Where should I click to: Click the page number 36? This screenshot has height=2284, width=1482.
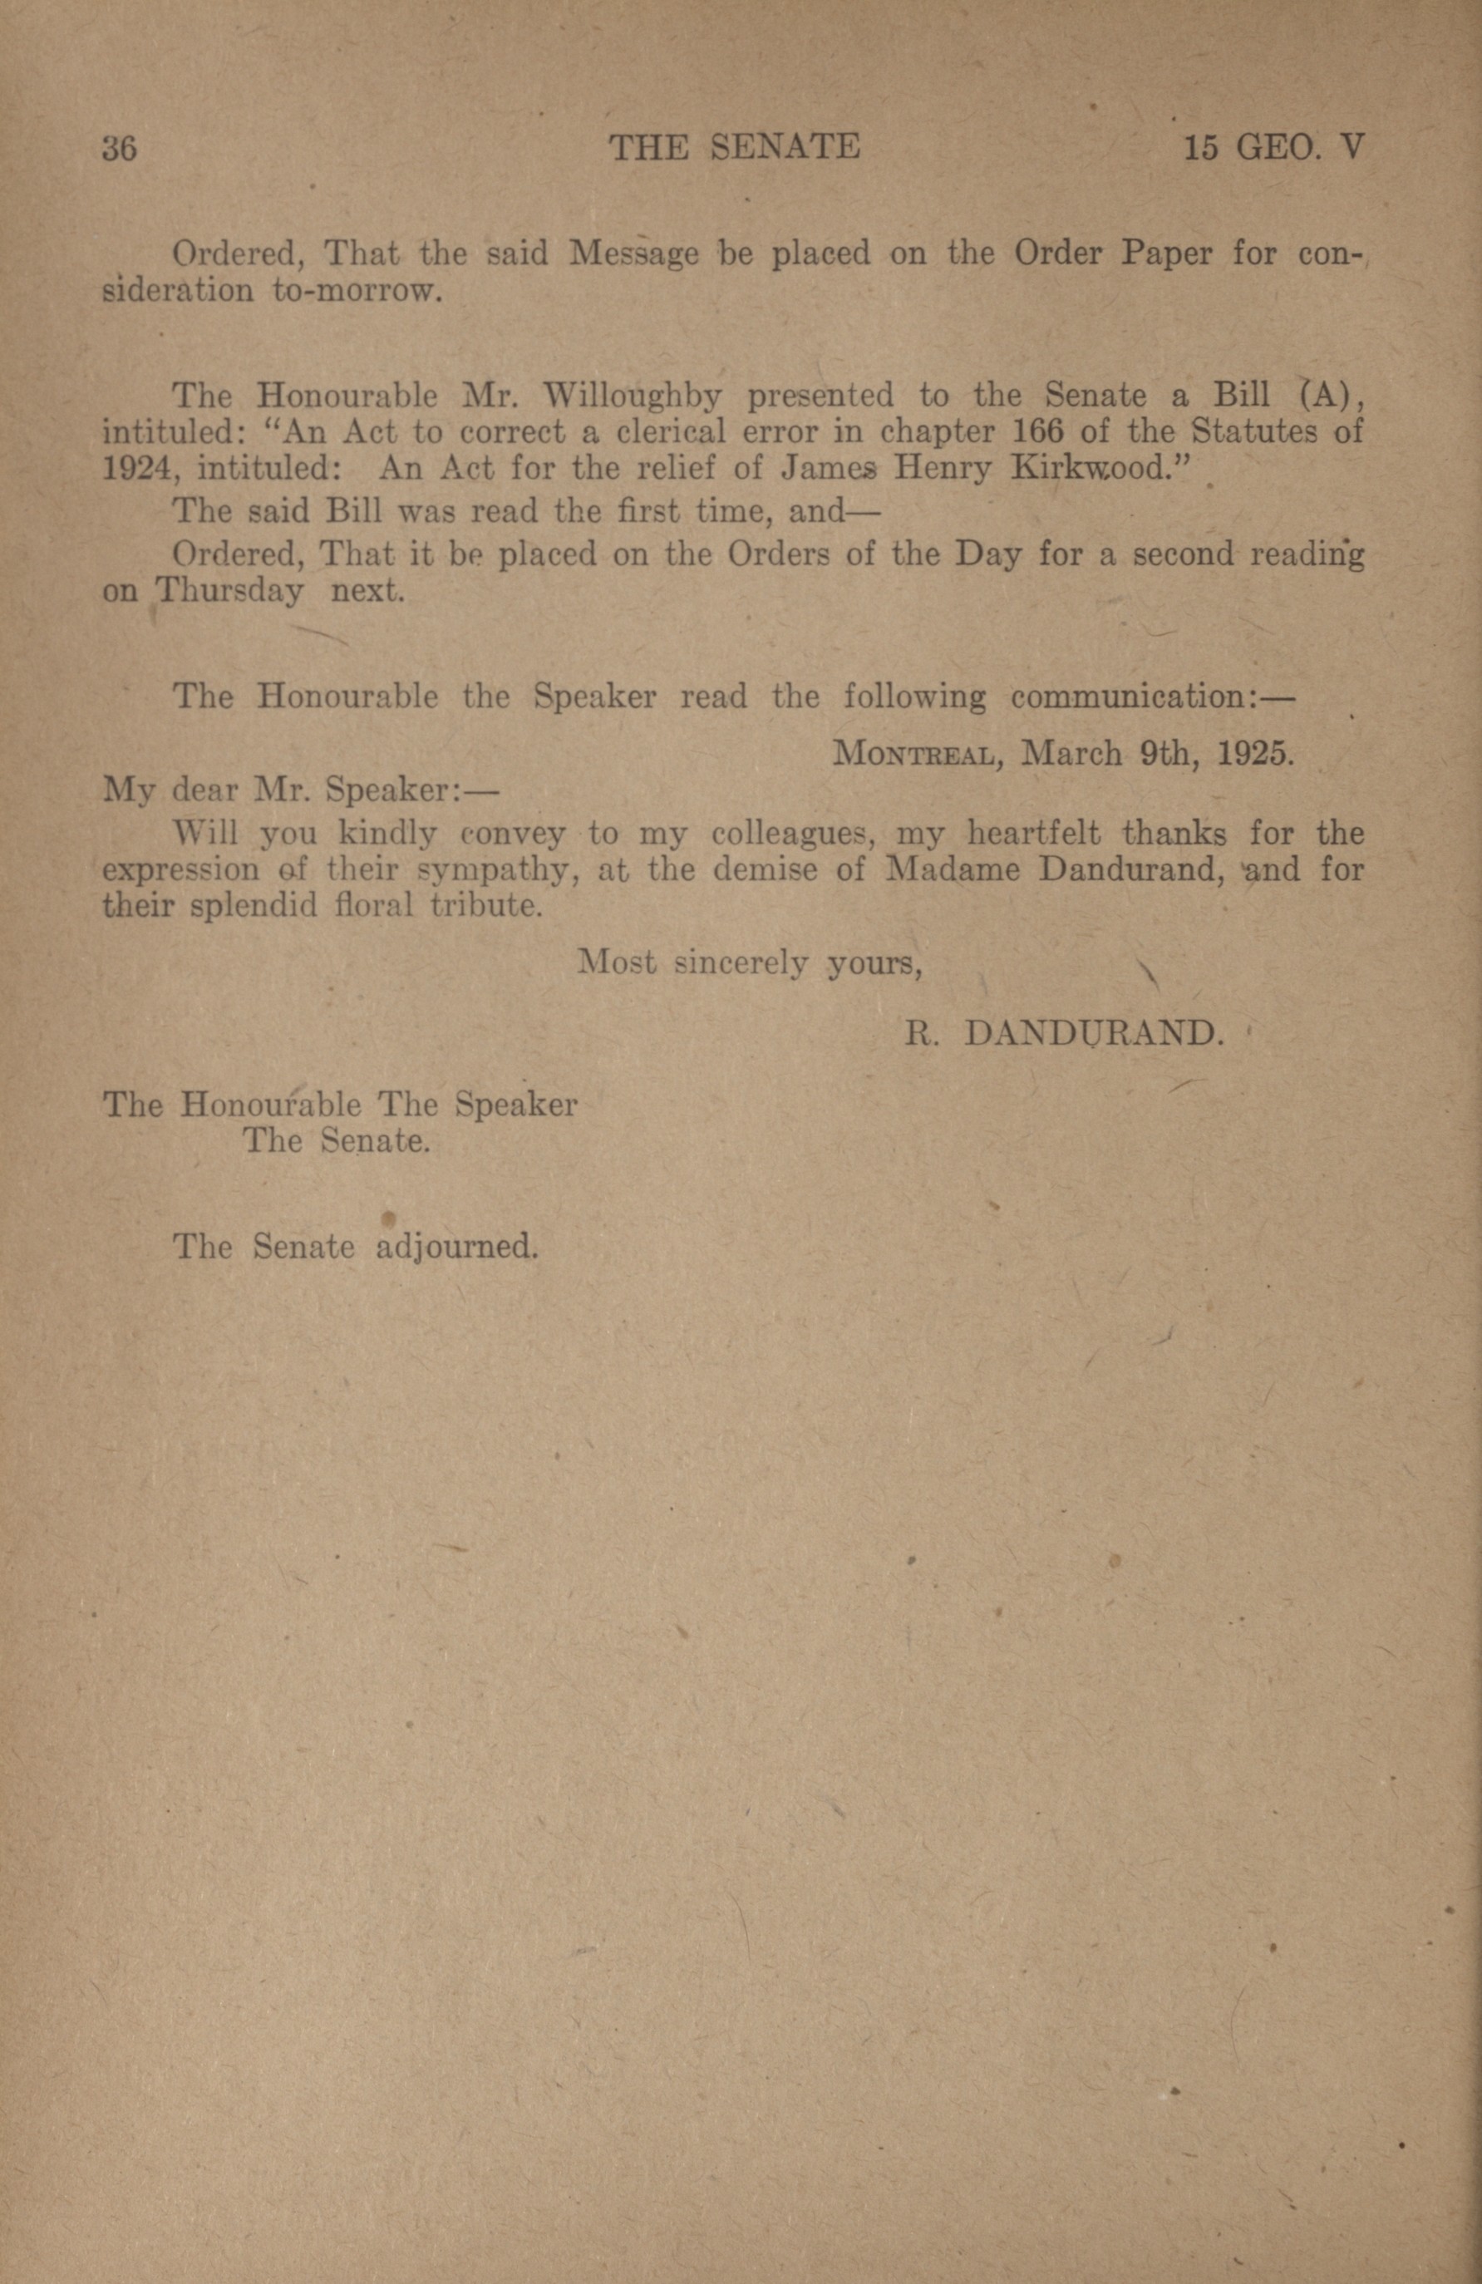coord(120,149)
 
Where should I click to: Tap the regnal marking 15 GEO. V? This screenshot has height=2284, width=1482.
coord(1273,148)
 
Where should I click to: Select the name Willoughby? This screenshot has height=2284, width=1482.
coord(632,396)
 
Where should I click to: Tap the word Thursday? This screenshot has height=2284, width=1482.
coord(229,590)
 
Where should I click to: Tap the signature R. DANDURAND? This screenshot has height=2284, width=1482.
coord(1065,1034)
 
